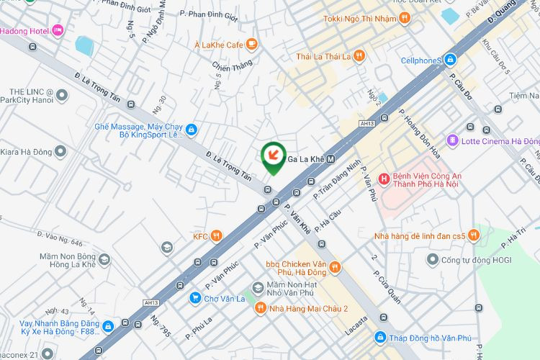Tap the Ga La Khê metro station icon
coord(330,159)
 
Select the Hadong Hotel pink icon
coord(58,30)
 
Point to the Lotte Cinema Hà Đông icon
coord(452,140)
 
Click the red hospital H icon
coord(384,178)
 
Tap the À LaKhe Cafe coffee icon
coord(251,45)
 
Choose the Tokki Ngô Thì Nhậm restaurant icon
coord(405,18)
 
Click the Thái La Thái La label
coord(323,56)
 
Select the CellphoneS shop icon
coord(450,60)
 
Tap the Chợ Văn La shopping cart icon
coord(194,297)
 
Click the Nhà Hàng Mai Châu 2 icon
coord(261,309)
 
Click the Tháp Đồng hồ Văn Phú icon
coord(379,337)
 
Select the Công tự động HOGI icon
coord(433,259)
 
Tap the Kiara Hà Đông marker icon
coord(60,151)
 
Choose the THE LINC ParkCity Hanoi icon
coord(62,95)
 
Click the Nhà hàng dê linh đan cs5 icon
coord(473,235)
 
